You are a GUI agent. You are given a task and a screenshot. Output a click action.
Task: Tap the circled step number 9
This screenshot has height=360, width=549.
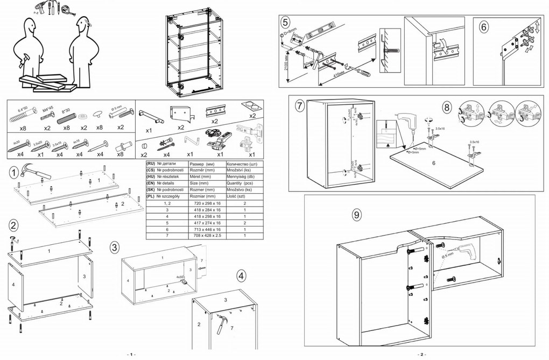pos(356,215)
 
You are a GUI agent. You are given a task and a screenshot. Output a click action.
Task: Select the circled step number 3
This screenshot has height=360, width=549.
pos(114,248)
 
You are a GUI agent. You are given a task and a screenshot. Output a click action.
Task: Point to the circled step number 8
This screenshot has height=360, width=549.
pos(447,107)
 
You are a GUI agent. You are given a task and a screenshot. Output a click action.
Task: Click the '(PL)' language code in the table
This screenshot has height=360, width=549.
pos(150,196)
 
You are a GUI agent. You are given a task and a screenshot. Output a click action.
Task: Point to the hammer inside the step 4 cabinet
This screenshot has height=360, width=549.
pos(221,324)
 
